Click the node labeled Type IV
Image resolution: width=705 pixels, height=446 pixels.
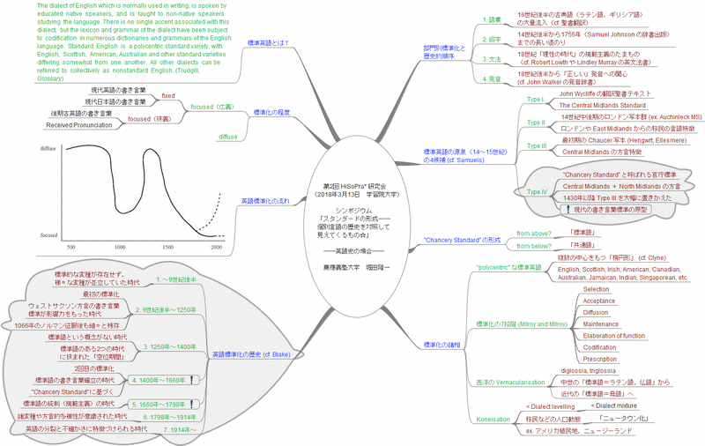coord(537,191)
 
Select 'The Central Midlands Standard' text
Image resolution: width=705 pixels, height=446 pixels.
coord(601,105)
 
